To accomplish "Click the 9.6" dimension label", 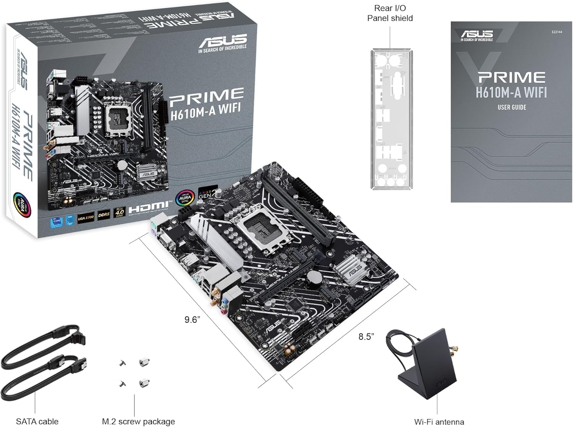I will pyautogui.click(x=192, y=320).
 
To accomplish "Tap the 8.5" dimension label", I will pyautogui.click(x=366, y=336).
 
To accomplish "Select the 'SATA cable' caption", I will pyautogui.click(x=37, y=421).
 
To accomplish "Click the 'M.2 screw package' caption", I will pyautogui.click(x=138, y=421).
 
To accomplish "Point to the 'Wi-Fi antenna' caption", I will pyautogui.click(x=439, y=422).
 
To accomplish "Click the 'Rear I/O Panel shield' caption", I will pyautogui.click(x=390, y=13).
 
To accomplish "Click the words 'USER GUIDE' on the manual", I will pyautogui.click(x=511, y=107).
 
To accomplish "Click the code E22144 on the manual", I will pyautogui.click(x=557, y=32).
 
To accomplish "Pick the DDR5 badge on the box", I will pyautogui.click(x=104, y=215).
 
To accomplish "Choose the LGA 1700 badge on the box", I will pyautogui.click(x=86, y=217).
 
